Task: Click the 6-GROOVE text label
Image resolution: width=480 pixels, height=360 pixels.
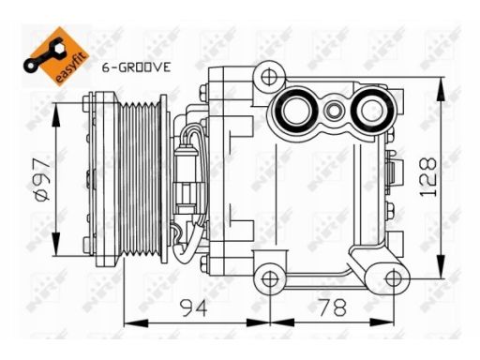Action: [137, 67]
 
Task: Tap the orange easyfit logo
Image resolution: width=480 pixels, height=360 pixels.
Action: [56, 56]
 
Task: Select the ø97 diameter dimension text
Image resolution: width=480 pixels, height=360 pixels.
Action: [41, 178]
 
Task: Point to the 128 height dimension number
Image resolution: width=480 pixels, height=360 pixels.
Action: [427, 177]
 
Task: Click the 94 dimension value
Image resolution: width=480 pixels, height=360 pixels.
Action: [194, 307]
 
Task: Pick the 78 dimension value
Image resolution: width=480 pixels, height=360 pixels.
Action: [332, 307]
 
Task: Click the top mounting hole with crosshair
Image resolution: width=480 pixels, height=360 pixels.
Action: [269, 77]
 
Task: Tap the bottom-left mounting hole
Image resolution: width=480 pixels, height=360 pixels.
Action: [269, 279]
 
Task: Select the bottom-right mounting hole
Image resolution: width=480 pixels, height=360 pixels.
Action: [394, 278]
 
